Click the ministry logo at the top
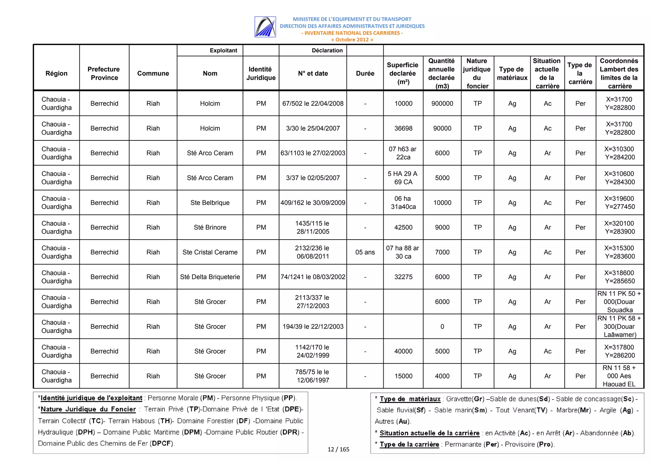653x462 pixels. pos(265,27)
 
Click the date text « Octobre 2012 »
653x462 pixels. pos(352,40)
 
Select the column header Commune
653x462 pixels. pos(153,73)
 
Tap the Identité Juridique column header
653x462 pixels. pos(260,73)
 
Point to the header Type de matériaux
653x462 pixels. pos(512,73)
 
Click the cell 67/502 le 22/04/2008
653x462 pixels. pos(312,103)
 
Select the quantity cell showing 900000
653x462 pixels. pos(442,103)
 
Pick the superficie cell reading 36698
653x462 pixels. pos(403,128)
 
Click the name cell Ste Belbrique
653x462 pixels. pos(210,203)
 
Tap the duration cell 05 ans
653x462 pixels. pos(365,252)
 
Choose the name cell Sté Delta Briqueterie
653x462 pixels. pos(210,277)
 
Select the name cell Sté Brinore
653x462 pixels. pos(210,227)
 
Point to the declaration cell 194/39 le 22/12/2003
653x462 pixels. pos(312,326)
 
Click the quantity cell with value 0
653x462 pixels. pos(442,326)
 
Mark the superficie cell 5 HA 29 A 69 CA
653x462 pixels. pos(403,178)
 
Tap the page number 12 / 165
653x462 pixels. pos(338,449)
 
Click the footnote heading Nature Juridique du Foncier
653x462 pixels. pos(88,409)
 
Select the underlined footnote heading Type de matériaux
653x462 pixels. pos(410,399)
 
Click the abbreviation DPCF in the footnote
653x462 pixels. pos(162,443)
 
